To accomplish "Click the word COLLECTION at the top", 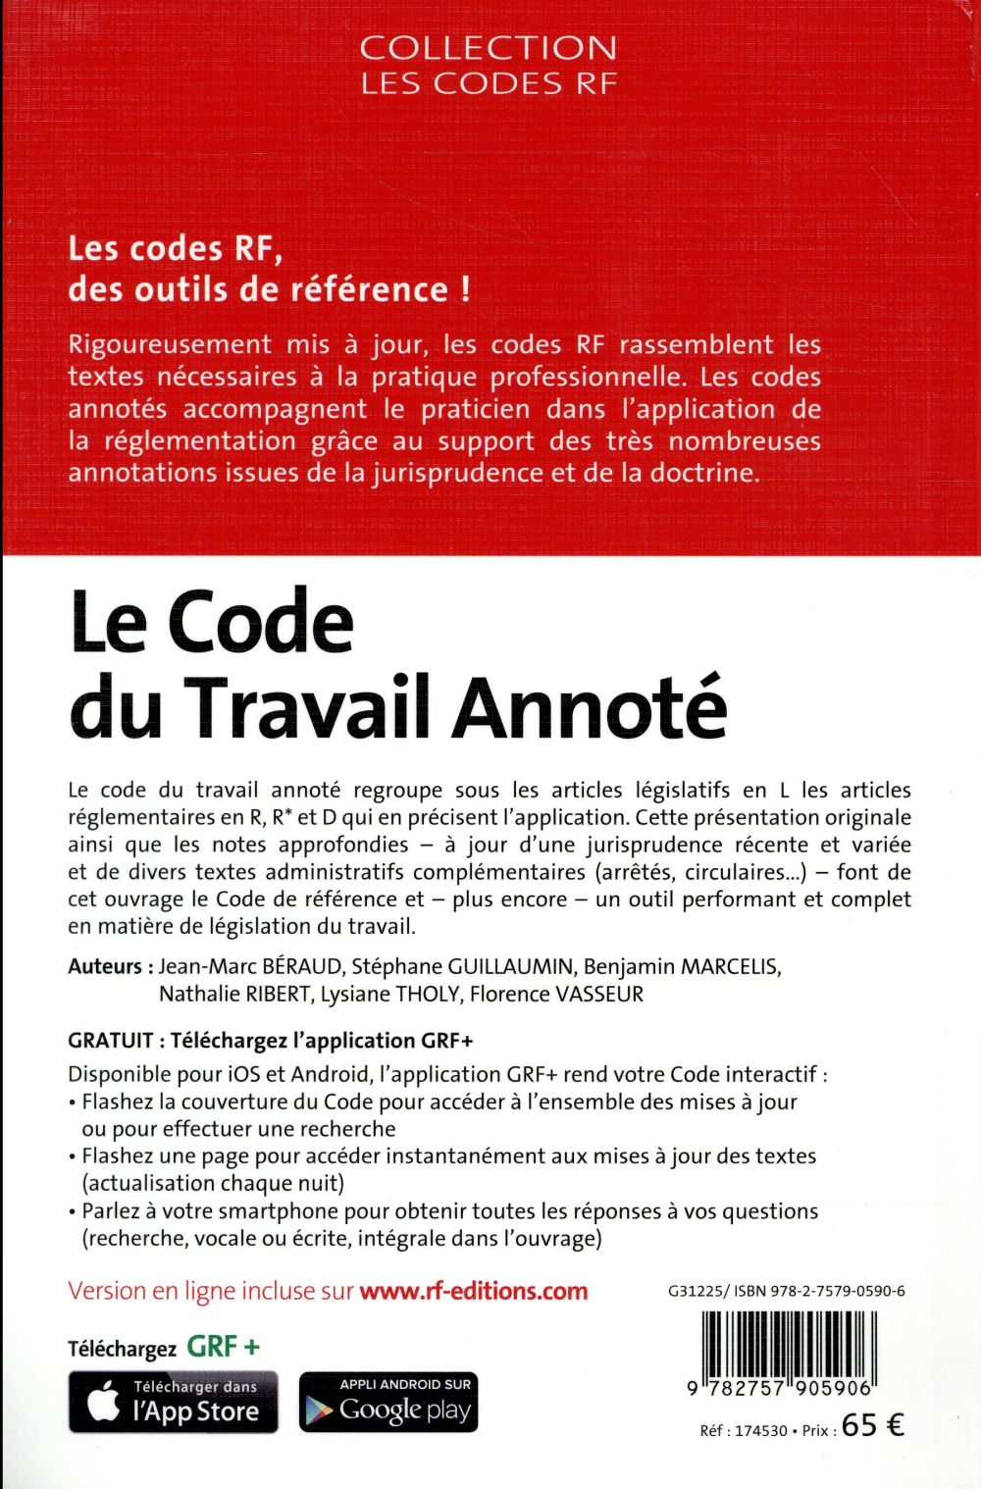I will [489, 48].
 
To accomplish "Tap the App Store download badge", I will [174, 1402].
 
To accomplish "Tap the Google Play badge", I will [388, 1402].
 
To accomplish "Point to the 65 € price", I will [872, 1426].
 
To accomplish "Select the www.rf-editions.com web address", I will [474, 1291].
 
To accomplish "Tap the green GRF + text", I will [224, 1347].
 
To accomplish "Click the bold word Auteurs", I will [105, 966].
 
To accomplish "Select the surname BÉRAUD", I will [294, 966].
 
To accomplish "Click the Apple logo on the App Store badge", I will [104, 1403].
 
